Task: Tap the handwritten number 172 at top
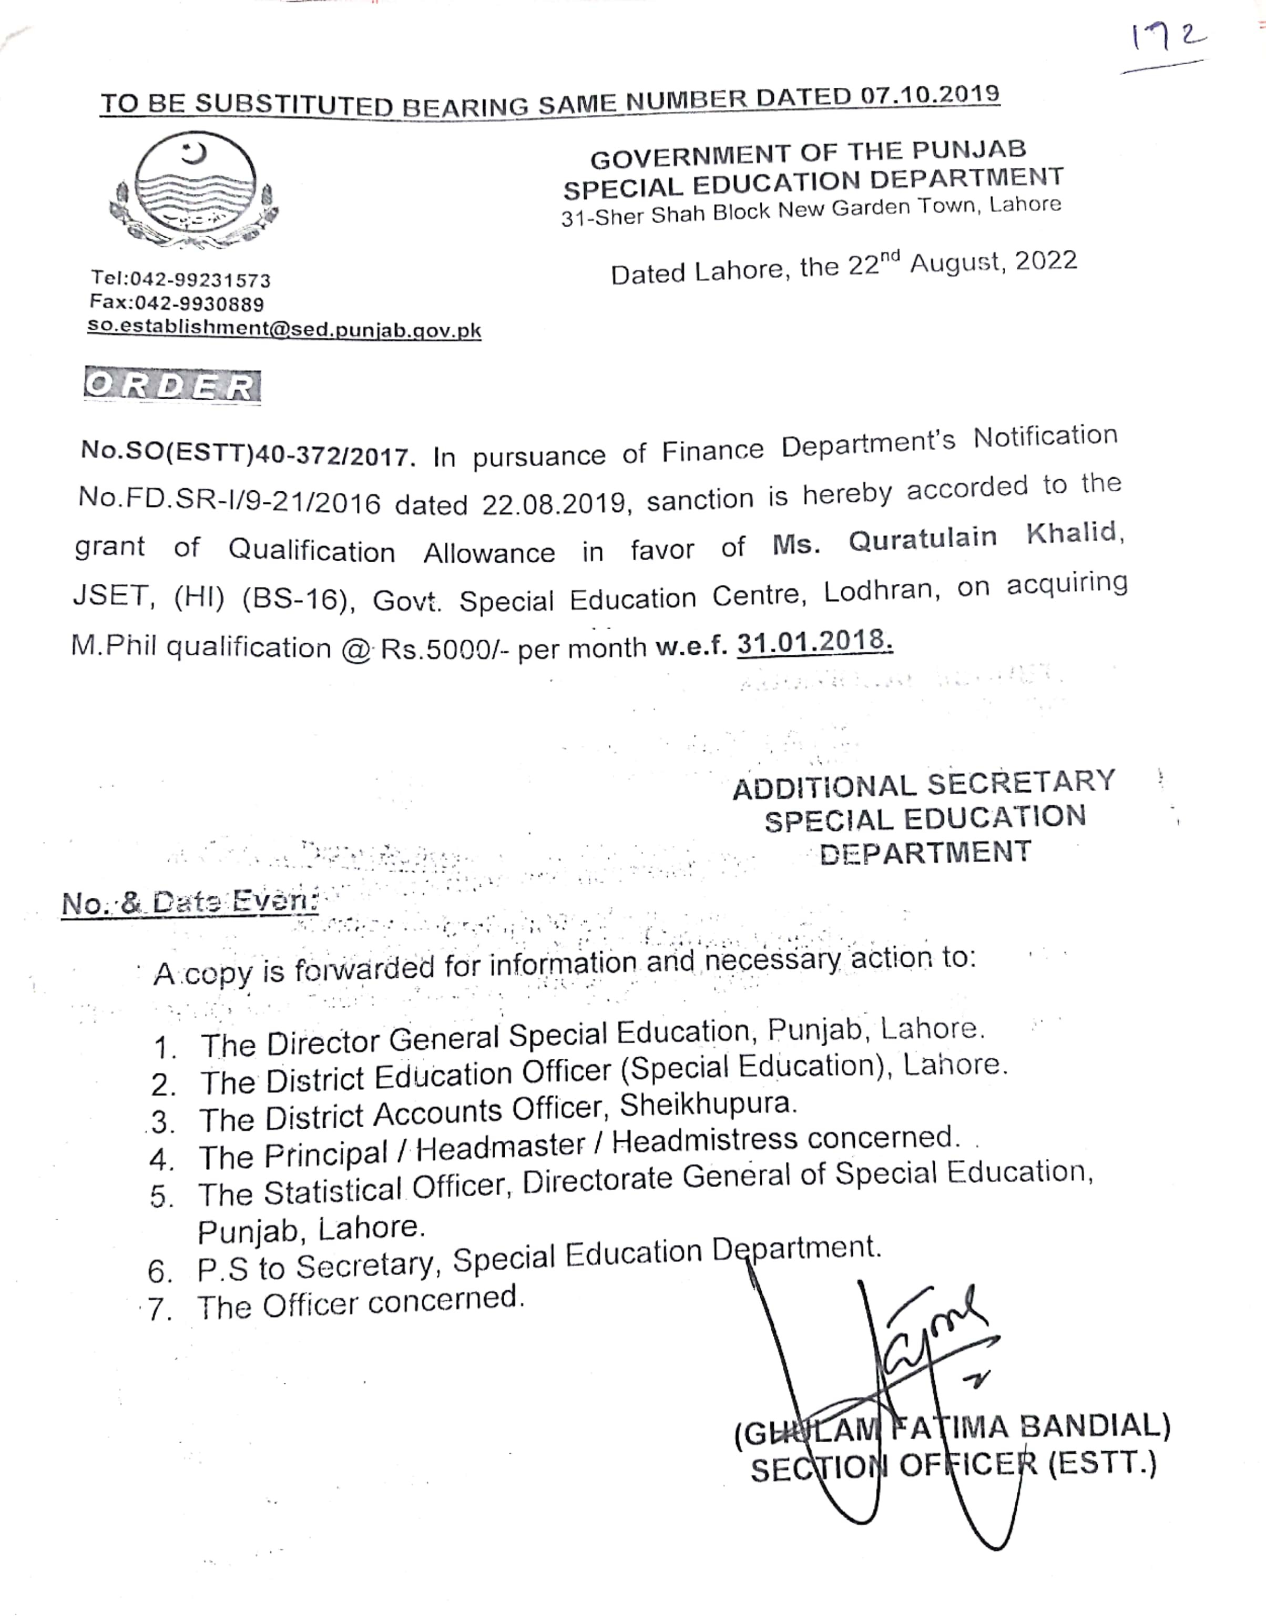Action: click(1167, 38)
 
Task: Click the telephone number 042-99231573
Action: click(200, 280)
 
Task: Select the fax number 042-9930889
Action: click(199, 303)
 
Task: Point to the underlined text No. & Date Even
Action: click(190, 902)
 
